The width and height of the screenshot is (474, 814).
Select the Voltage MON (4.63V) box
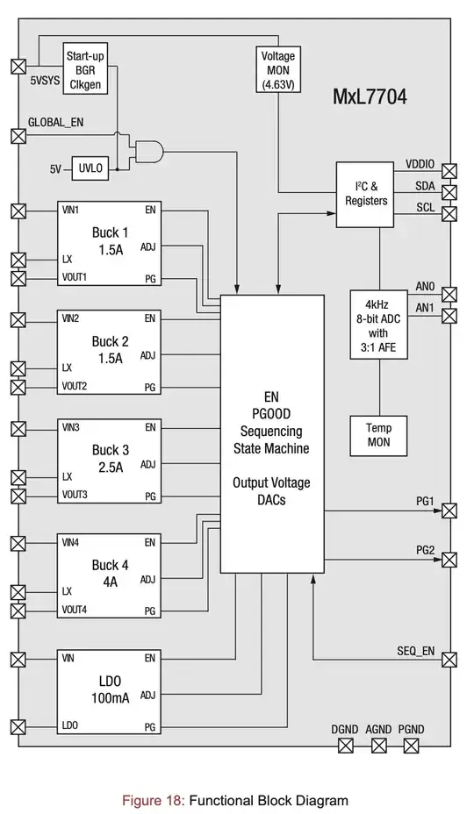coord(278,68)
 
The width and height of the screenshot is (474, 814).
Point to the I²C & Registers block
coord(365,193)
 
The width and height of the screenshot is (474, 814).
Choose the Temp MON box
coord(378,435)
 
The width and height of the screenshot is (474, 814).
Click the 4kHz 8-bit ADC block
coord(378,323)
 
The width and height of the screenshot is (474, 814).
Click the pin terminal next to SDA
coord(450,192)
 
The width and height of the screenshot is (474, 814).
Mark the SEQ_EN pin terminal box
coord(450,658)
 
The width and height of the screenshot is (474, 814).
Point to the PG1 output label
coord(425,501)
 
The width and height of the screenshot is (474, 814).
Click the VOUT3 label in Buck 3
coord(75,496)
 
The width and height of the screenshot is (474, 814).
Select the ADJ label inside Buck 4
coord(147,579)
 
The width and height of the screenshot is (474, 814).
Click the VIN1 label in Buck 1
coord(71,211)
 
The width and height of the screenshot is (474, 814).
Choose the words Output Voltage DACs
coord(271,491)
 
